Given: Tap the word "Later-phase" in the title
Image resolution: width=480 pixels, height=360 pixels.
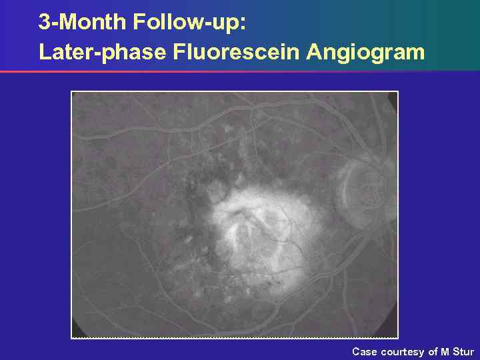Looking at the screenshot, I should coord(102,51).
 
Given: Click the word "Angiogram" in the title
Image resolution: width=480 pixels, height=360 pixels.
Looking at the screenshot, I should coord(365,51).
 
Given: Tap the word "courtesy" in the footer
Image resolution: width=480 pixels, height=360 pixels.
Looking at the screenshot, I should coord(403,351).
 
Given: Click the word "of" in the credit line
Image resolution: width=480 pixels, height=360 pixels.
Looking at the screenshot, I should coord(433,351).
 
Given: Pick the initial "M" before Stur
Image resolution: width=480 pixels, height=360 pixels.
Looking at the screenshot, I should coord(445,351).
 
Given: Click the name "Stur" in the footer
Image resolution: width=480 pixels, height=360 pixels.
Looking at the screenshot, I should coord(463,351).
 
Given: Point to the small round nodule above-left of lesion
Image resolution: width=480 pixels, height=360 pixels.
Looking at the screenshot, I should coord(215,191).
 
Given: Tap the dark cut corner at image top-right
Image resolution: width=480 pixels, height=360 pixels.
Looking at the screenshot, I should coord(393,97).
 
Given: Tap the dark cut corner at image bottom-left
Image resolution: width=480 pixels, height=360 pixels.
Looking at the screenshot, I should coord(76,333).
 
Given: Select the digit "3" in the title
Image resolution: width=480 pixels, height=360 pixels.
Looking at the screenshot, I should coord(44,22).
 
